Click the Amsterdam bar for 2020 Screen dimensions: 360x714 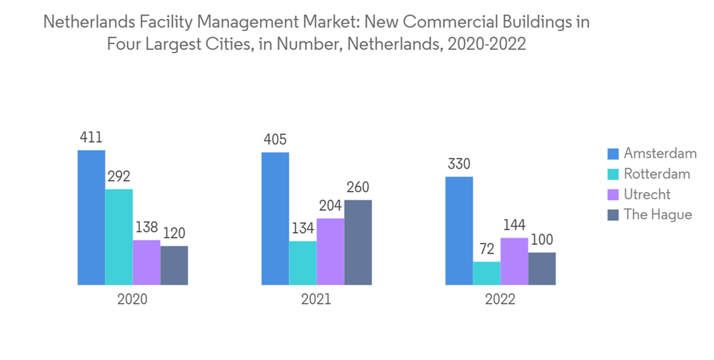tap(91, 218)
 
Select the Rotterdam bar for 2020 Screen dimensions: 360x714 tap(119, 237)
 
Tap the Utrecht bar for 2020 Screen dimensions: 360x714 tap(147, 262)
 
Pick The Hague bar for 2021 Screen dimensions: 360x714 tap(358, 243)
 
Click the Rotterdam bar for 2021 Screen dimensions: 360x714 tap(303, 263)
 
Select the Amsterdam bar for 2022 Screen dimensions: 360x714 tap(459, 231)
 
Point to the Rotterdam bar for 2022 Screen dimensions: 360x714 tap(487, 274)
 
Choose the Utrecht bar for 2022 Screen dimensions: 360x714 tap(514, 261)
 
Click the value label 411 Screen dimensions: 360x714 tap(91, 138)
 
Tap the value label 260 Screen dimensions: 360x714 tap(358, 188)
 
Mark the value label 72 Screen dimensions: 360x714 tap(487, 249)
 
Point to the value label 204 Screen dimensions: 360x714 tap(331, 206)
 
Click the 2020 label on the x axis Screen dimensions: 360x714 tap(133, 300)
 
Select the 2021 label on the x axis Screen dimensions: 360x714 tap(316, 300)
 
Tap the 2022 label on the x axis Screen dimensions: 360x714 tap(500, 300)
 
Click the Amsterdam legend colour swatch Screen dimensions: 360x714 tap(613, 154)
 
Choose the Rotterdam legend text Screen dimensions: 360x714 tap(657, 174)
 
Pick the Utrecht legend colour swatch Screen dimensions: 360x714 tap(613, 194)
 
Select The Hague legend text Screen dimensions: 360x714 tap(658, 214)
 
